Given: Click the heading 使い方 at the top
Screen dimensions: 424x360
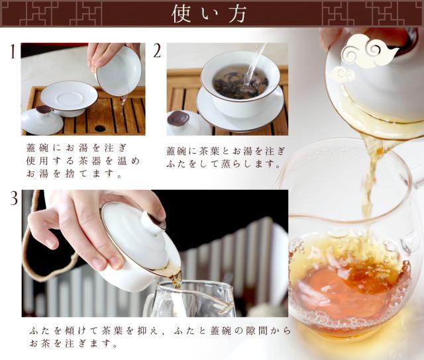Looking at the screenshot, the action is pyautogui.click(x=209, y=14).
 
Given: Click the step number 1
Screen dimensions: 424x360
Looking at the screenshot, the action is pyautogui.click(x=13, y=52).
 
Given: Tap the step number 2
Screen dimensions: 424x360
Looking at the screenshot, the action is pyautogui.click(x=157, y=51).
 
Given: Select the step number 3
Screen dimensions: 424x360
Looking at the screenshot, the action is pyautogui.click(x=14, y=198).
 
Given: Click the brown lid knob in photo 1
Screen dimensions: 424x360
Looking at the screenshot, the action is pyautogui.click(x=44, y=110).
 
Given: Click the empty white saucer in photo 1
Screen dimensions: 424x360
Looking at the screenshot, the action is pyautogui.click(x=69, y=99).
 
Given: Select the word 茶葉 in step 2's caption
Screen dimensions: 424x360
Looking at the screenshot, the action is pyautogui.click(x=209, y=151).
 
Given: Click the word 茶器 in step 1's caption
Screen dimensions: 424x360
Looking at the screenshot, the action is pyautogui.click(x=86, y=161).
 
